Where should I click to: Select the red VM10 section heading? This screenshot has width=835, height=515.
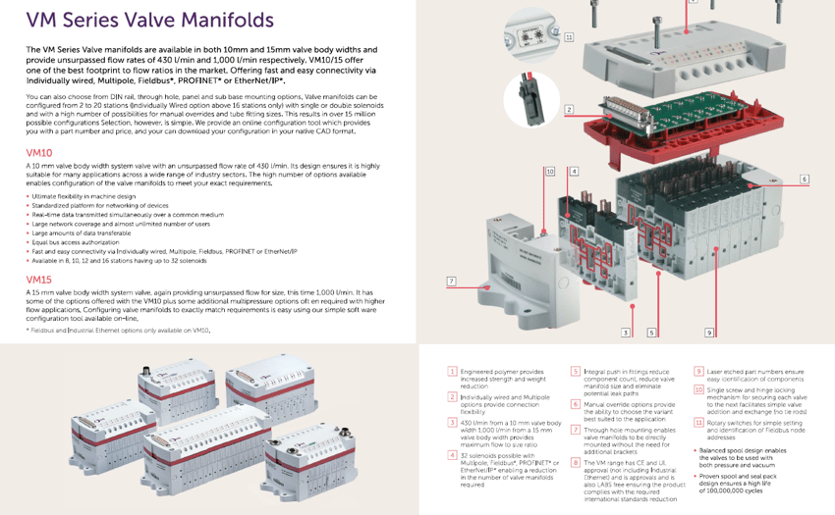click(x=39, y=153)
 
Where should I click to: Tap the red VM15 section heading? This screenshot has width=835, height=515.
click(x=39, y=279)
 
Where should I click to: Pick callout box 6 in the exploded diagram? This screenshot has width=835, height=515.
click(x=804, y=180)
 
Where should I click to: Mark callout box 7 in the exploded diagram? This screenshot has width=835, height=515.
click(x=451, y=282)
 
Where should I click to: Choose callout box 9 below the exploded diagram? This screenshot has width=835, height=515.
click(x=708, y=334)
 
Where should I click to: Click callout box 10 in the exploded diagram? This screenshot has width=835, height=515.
click(x=550, y=172)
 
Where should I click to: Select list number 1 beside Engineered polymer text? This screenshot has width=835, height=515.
click(x=452, y=372)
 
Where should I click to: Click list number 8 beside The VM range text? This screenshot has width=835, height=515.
click(x=575, y=460)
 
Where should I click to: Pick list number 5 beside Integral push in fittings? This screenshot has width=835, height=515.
click(x=575, y=372)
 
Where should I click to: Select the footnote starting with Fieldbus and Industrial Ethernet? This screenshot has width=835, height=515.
click(x=118, y=330)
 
